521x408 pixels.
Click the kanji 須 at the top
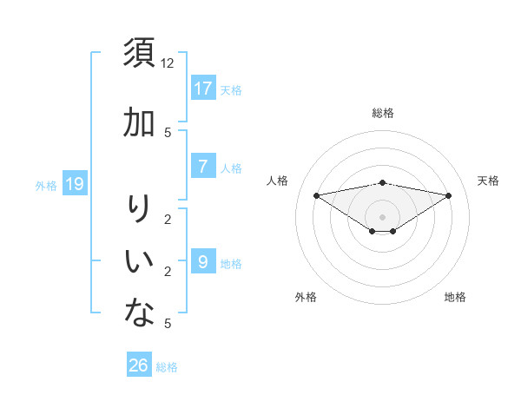point(139,54)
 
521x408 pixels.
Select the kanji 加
point(139,123)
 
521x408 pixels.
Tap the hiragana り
point(139,209)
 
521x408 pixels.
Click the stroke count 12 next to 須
point(168,63)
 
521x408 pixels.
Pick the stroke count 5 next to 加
point(168,132)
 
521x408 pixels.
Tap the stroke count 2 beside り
point(168,219)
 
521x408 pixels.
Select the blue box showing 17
point(202,89)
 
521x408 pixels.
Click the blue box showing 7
point(202,167)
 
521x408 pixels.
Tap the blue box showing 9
point(202,261)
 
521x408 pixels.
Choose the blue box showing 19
point(75,184)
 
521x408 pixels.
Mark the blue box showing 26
point(139,365)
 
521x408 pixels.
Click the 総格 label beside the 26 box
point(167,367)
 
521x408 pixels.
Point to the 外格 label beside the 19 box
point(45,185)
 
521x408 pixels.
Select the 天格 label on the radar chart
point(488,181)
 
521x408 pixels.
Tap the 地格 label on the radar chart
point(455,297)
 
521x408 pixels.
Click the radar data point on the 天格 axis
point(449,195)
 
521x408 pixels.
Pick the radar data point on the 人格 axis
point(316,194)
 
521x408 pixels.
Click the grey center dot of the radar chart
point(382,217)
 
